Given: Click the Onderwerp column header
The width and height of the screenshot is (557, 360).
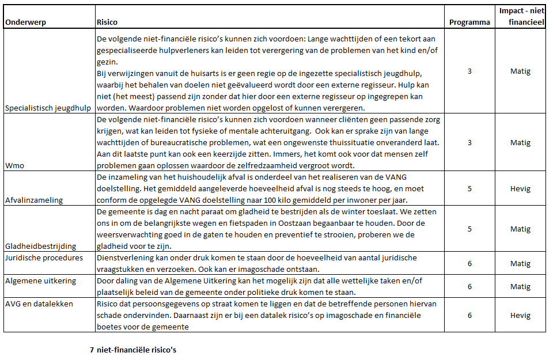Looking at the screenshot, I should (x=25, y=22).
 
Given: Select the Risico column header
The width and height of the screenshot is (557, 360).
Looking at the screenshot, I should (x=107, y=22).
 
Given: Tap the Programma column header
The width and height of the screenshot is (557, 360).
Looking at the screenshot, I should (x=469, y=22).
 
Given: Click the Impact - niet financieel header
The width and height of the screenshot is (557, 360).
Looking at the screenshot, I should (x=520, y=17).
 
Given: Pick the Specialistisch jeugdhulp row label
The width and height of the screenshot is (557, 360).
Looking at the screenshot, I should (x=49, y=108).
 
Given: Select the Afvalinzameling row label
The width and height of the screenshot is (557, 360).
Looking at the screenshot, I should (x=34, y=200).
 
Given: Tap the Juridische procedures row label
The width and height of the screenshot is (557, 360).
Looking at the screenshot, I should (x=44, y=258).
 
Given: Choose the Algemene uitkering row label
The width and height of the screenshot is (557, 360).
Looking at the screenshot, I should (x=41, y=281).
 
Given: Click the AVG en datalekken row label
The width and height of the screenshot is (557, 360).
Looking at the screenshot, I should (x=39, y=304).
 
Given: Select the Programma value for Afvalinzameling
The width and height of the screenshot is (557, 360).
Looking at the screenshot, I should (x=469, y=188).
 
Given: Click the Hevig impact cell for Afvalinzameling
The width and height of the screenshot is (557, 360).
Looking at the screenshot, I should (x=520, y=188).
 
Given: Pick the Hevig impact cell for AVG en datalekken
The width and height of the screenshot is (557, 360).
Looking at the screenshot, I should (x=520, y=316).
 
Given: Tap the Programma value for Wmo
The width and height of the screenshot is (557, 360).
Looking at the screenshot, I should (x=469, y=142).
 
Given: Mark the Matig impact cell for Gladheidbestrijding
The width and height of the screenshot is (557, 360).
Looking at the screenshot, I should (x=520, y=229).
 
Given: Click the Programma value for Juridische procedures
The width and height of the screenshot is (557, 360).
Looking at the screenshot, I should (x=469, y=263).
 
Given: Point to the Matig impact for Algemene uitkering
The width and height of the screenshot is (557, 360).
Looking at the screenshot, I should (x=520, y=286).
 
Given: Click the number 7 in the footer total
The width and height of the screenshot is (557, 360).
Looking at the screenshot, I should (x=92, y=349).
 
